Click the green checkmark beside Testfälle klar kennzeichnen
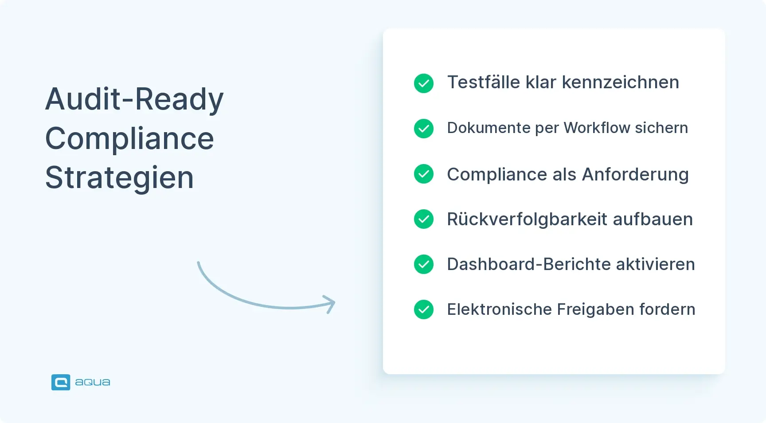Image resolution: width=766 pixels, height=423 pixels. [x=423, y=83]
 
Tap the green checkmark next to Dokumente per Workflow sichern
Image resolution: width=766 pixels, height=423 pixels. [x=423, y=129]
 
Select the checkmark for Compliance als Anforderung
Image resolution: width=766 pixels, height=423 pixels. [x=423, y=174]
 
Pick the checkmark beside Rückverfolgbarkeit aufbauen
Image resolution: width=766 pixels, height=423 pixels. [x=423, y=219]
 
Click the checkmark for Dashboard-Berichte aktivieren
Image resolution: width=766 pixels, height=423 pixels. [x=423, y=264]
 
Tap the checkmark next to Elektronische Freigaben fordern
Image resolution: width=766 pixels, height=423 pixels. [x=423, y=309]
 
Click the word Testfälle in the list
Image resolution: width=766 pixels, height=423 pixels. [x=483, y=82]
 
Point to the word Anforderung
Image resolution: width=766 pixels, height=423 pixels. [x=635, y=175]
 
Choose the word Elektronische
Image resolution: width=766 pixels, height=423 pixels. [x=499, y=309]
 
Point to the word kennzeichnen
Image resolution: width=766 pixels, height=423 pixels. [x=620, y=82]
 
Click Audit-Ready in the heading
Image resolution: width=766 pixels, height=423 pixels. [x=134, y=99]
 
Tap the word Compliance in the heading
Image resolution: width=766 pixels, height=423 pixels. [x=129, y=139]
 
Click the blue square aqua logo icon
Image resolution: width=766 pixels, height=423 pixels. [x=61, y=382]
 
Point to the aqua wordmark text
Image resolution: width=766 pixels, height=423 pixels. [x=93, y=382]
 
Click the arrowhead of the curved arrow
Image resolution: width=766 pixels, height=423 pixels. [x=330, y=304]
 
